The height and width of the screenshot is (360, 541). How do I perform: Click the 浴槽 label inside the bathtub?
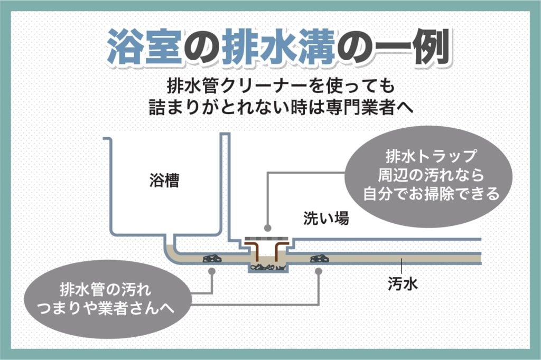tap(164, 182)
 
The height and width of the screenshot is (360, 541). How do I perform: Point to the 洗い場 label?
tap(326, 219)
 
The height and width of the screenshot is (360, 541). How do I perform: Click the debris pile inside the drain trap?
tap(268, 267)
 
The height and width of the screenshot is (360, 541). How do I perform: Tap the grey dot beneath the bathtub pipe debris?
tap(212, 271)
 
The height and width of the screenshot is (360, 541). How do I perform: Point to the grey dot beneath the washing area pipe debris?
tap(319, 271)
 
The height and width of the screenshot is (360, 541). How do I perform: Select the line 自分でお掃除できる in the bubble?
tap(431, 194)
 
